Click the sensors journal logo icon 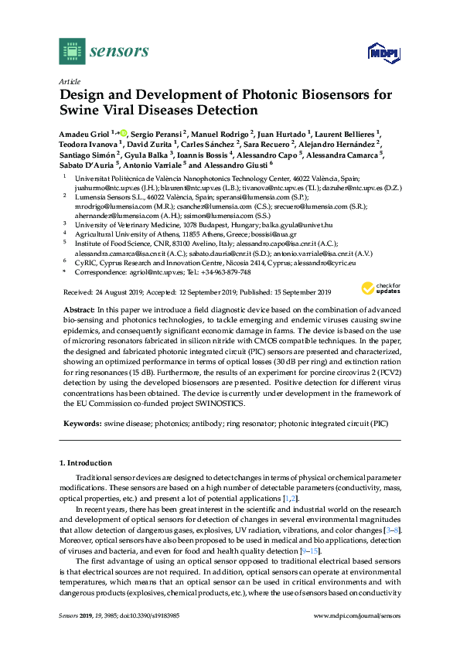coord(71,51)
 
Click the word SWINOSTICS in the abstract coord(220,404)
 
